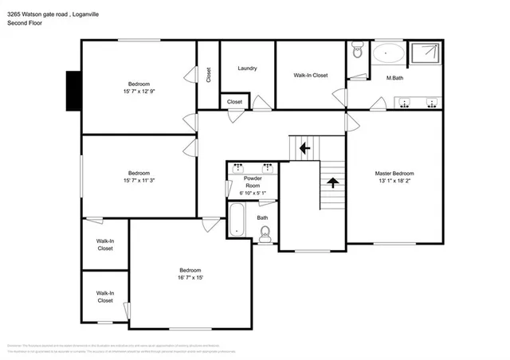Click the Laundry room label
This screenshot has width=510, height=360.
pyautogui.click(x=247, y=68)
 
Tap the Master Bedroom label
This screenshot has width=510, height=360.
pyautogui.click(x=394, y=174)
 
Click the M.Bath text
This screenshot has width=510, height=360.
pyautogui.click(x=394, y=77)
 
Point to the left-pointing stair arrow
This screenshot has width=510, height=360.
pyautogui.click(x=303, y=147)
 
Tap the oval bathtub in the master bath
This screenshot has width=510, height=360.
pyautogui.click(x=388, y=53)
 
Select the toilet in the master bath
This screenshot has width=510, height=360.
pyautogui.click(x=357, y=52)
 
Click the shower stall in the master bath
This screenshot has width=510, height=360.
pyautogui.click(x=426, y=53)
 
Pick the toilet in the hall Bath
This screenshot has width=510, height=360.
pyautogui.click(x=265, y=232)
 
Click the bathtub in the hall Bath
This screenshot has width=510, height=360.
pyautogui.click(x=237, y=219)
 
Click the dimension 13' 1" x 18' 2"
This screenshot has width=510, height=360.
pyautogui.click(x=394, y=181)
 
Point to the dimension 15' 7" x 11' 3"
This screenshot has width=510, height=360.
pyautogui.click(x=139, y=181)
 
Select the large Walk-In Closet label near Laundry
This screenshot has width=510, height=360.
pyautogui.click(x=310, y=76)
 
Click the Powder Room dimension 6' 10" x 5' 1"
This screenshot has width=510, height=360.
pyautogui.click(x=252, y=194)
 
